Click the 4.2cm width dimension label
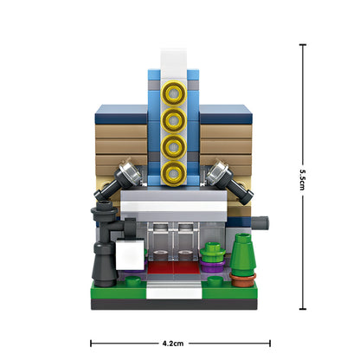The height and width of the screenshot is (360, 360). [173, 344]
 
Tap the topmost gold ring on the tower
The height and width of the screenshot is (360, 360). [174, 93]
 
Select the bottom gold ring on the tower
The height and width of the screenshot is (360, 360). [174, 173]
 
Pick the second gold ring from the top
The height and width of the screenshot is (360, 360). [174, 119]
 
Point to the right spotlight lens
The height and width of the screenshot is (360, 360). [217, 171]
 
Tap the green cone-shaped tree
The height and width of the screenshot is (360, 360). [243, 254]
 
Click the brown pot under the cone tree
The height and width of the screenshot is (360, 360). [243, 280]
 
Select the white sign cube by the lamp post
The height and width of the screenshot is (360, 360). [130, 254]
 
